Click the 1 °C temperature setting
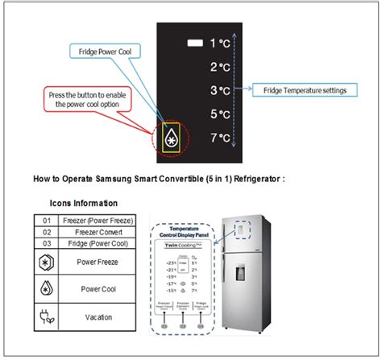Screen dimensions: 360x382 [220, 43]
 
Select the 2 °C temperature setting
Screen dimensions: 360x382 [220, 67]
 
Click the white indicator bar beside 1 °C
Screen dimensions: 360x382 [193, 43]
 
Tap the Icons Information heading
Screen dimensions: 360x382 [84, 203]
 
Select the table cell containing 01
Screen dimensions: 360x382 [47, 219]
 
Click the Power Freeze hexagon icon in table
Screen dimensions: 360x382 [47, 262]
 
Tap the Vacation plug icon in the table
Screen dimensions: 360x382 [47, 317]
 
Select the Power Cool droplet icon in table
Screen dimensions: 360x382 [47, 288]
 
